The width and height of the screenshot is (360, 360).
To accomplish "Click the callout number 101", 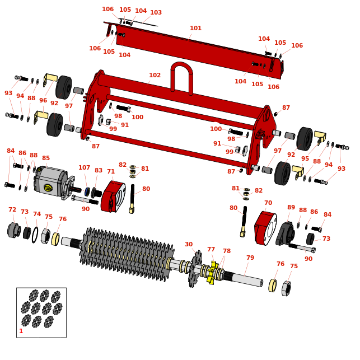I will coord(195,29).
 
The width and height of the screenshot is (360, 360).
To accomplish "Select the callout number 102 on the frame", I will coord(155,76).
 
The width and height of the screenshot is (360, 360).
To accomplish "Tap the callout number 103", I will coord(156,13).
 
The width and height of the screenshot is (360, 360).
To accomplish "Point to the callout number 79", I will coord(250,258).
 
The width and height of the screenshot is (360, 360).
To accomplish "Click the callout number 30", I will coord(189,245).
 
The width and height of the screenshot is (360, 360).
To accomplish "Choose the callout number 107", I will coord(84,168).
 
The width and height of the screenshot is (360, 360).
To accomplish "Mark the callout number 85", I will coord(46,158).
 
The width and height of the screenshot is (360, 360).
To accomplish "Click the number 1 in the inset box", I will coord(21,331).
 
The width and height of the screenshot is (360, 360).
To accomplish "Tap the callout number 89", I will coord(291,208).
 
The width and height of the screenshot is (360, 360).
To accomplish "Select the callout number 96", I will coord(43,101).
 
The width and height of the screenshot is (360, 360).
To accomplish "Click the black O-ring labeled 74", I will coord(35,235).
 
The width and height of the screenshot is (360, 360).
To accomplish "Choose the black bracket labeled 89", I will coord(285,233).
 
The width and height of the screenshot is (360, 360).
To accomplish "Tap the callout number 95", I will coord(305,159).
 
